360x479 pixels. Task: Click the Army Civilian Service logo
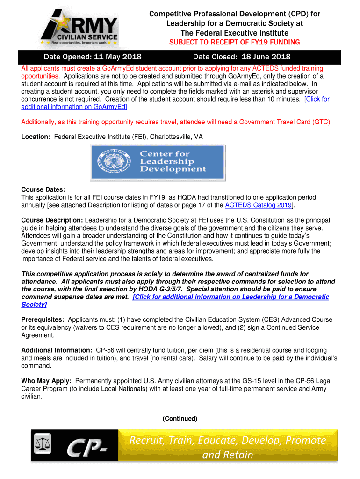79,28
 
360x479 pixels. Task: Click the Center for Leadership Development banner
157,161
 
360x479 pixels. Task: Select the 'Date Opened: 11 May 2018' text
93,57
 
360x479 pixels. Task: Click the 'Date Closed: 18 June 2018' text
242,57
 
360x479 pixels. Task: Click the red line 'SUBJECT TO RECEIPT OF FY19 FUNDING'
234,42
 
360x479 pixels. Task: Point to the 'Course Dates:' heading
43,189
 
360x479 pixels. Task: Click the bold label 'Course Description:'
52,220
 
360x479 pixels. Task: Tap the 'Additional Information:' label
57,350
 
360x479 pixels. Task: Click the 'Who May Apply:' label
46,381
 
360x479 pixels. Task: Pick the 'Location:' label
36,137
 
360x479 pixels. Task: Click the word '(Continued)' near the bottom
180,418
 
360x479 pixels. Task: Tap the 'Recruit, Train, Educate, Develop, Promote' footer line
227,440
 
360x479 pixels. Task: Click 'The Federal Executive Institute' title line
234,33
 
